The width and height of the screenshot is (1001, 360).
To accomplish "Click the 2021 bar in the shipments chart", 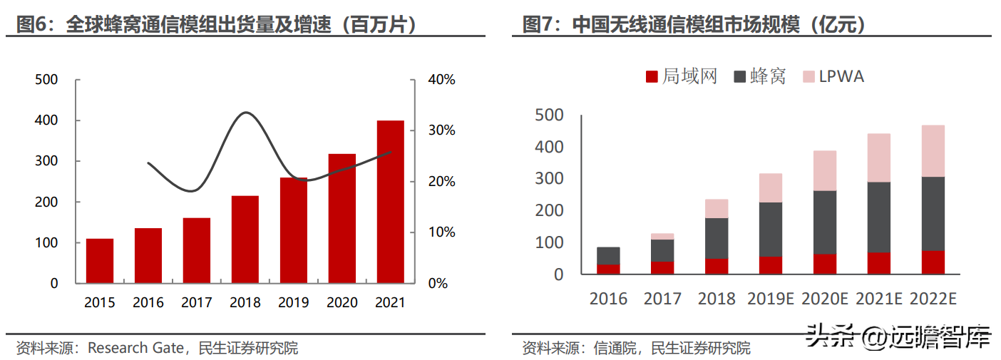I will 390,202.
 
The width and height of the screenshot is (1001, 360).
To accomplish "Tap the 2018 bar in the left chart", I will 245,239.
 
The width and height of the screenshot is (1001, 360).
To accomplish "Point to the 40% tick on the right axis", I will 441,79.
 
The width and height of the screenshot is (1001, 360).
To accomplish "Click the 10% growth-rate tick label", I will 441,232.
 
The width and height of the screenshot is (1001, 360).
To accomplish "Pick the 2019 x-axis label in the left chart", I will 294,303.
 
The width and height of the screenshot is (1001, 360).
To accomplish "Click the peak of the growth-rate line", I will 246,113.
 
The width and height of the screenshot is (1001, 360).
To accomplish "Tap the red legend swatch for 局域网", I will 652,76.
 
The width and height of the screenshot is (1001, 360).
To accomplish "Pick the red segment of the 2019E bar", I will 771,264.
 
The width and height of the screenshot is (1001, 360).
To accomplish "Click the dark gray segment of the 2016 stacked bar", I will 608,256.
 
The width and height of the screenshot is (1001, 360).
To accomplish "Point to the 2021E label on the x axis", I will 879,299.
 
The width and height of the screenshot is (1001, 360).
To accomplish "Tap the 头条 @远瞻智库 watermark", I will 898,336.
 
